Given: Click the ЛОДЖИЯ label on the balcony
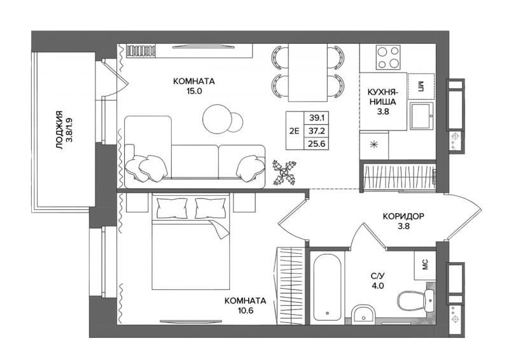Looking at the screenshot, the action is pyautogui.click(x=59, y=130).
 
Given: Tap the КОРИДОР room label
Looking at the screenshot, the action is pyautogui.click(x=403, y=216).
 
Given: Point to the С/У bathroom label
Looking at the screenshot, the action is pyautogui.click(x=378, y=276).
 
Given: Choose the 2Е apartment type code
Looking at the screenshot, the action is pyautogui.click(x=294, y=131).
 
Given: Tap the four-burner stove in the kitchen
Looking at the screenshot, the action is pyautogui.click(x=388, y=57).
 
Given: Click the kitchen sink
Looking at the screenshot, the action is pyautogui.click(x=421, y=116).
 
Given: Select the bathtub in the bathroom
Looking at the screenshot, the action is pyautogui.click(x=327, y=287).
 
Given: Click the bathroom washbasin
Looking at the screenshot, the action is pyautogui.click(x=363, y=314).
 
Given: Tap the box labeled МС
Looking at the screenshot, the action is pyautogui.click(x=424, y=265).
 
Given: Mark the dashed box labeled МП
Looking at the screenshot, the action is pyautogui.click(x=421, y=87).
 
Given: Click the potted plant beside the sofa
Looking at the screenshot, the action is pyautogui.click(x=284, y=172).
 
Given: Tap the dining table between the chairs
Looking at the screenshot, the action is pyautogui.click(x=308, y=73).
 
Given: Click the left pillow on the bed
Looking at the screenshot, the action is pyautogui.click(x=172, y=208).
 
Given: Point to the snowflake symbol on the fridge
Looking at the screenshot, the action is pyautogui.click(x=373, y=145).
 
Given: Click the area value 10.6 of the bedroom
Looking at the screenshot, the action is pyautogui.click(x=246, y=310).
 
